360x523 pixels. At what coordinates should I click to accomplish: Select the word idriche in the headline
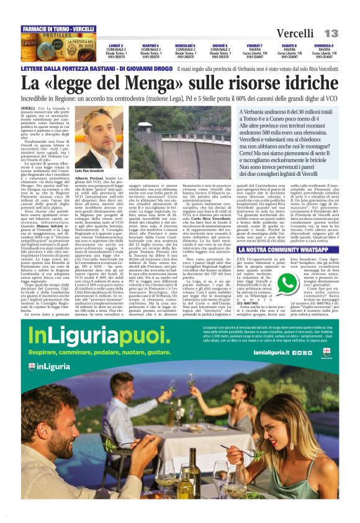point(309,83)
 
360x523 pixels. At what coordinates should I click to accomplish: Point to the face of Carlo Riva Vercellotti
point(94,134)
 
